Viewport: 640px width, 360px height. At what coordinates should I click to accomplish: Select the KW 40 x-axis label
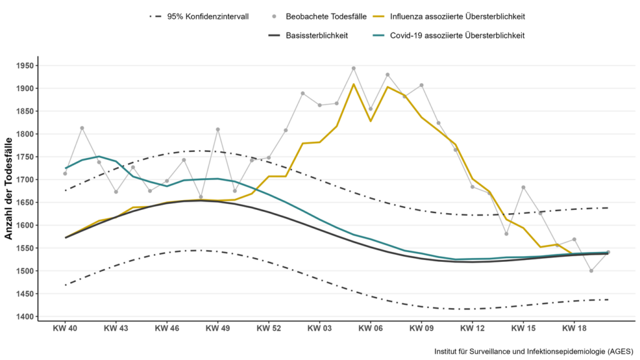65,327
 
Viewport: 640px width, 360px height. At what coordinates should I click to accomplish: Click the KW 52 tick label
268,327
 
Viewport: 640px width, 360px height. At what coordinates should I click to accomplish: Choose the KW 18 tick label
574,327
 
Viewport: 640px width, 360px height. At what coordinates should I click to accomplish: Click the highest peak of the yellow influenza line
354,84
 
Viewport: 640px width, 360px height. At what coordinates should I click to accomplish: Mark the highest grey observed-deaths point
354,68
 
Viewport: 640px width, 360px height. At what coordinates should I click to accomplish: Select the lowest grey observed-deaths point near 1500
591,271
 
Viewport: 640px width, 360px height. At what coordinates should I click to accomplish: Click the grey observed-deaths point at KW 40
65,174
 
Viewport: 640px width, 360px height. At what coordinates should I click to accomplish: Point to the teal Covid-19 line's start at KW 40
66,167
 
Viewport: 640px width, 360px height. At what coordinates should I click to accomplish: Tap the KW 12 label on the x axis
472,327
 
